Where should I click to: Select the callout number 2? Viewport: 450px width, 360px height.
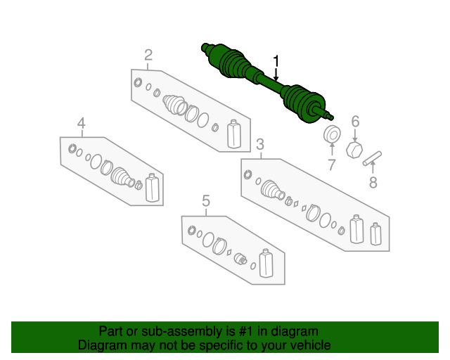[148, 55]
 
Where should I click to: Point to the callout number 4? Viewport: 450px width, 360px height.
[82, 124]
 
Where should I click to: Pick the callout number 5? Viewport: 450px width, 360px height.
[205, 202]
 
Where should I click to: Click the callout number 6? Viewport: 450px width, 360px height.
[355, 121]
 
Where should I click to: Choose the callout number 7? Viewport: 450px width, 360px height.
[331, 165]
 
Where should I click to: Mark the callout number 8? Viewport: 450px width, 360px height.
[373, 183]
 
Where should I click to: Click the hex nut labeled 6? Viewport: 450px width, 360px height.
[356, 148]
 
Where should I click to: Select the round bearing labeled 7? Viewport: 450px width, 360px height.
[331, 134]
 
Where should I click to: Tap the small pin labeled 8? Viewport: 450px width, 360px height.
[372, 157]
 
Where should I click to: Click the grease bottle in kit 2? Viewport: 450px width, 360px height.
[234, 134]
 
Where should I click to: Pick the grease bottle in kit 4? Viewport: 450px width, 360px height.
[153, 187]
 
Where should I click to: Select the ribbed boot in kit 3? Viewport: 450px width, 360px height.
[271, 190]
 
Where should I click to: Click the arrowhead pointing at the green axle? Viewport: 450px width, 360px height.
[276, 78]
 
